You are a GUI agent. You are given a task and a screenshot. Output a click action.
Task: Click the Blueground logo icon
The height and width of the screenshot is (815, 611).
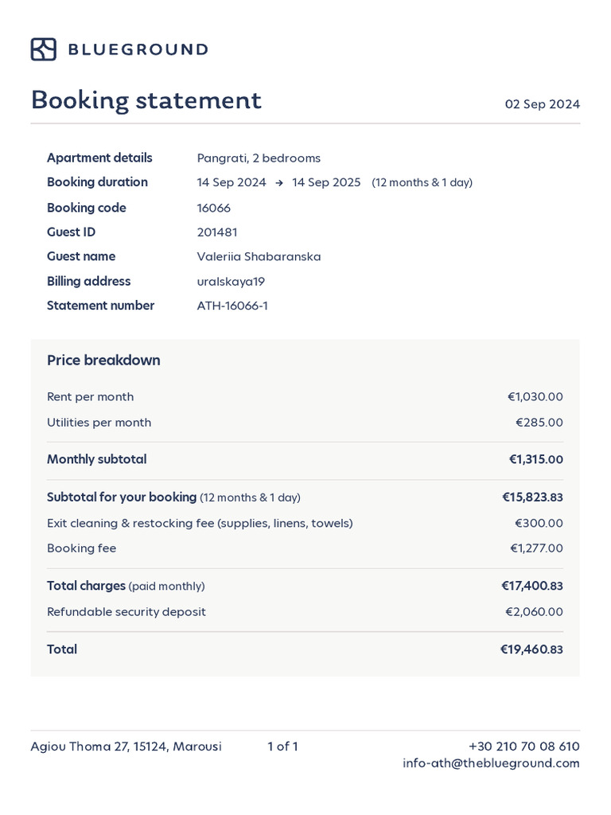[43, 49]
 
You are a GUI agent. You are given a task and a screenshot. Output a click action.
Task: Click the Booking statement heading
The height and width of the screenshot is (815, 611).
[146, 101]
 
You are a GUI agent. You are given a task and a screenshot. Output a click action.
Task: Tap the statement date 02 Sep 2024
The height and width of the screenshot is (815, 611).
[542, 104]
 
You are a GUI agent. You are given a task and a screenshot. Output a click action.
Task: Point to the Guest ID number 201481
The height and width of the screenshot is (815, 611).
[217, 232]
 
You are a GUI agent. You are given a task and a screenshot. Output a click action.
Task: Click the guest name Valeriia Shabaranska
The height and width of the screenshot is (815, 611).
[259, 256]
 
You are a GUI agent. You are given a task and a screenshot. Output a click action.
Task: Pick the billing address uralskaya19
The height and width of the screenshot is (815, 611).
[231, 281]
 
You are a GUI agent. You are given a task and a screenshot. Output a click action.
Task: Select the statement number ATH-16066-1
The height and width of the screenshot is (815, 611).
[232, 306]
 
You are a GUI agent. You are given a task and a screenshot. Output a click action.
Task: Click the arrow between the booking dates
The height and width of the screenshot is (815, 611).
[279, 183]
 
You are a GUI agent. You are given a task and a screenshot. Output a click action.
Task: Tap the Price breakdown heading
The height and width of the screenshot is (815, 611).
[103, 361]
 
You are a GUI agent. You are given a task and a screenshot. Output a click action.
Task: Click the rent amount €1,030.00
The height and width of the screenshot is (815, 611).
[535, 396]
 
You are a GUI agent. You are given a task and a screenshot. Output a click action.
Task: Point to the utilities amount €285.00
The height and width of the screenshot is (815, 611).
[539, 423]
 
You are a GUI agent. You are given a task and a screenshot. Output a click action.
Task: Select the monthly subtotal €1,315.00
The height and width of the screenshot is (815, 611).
[535, 459]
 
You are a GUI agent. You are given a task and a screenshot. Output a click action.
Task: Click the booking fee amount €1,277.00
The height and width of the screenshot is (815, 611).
[536, 548]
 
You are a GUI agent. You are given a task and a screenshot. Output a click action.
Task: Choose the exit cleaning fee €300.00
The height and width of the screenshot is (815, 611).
[539, 523]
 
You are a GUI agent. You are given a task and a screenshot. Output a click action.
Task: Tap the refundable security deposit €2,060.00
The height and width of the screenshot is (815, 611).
[534, 612]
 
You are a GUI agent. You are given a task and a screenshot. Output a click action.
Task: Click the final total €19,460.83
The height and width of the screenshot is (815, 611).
[531, 649]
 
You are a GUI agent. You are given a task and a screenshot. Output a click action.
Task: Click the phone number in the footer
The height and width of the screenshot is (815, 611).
[523, 747]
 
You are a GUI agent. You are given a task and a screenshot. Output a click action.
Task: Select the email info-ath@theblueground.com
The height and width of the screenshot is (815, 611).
[491, 763]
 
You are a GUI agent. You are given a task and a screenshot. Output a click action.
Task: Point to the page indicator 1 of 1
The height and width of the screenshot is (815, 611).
[282, 747]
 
